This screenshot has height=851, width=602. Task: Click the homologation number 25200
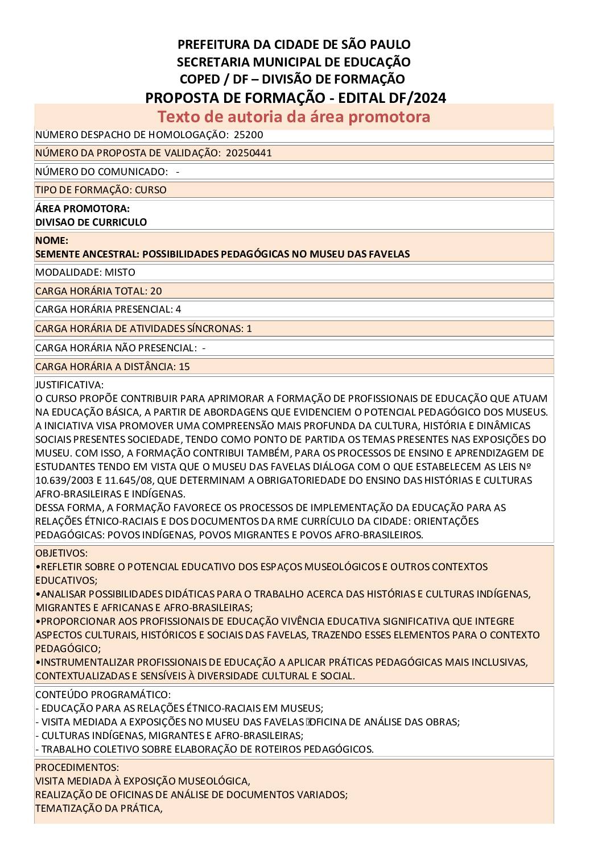coord(248,135)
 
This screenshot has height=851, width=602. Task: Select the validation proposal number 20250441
coord(249,153)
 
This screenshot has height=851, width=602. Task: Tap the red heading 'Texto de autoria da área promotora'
coord(294,117)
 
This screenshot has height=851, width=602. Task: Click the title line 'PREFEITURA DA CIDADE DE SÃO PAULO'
coord(294,44)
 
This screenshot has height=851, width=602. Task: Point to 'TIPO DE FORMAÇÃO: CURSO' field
coord(101,190)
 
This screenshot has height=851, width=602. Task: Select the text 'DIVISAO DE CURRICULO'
coord(91,222)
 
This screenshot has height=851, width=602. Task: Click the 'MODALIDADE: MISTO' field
coord(85,272)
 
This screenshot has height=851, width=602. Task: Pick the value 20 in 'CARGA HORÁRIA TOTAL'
coord(156,291)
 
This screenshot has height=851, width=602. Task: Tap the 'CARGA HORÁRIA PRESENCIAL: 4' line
coord(108,309)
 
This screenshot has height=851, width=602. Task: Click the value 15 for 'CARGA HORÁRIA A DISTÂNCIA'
coord(184,367)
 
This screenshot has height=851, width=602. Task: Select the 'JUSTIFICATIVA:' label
coord(69,385)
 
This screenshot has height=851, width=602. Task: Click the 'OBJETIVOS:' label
coord(61,553)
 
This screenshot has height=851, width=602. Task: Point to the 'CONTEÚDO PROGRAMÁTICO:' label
coord(103,695)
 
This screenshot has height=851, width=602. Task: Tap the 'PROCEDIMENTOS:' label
coord(77,767)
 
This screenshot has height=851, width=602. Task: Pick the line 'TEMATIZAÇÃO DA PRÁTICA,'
coord(99,808)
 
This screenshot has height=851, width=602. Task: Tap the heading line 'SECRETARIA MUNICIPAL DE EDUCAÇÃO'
coord(294,61)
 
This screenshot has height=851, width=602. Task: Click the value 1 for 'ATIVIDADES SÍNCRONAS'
coord(249,329)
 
